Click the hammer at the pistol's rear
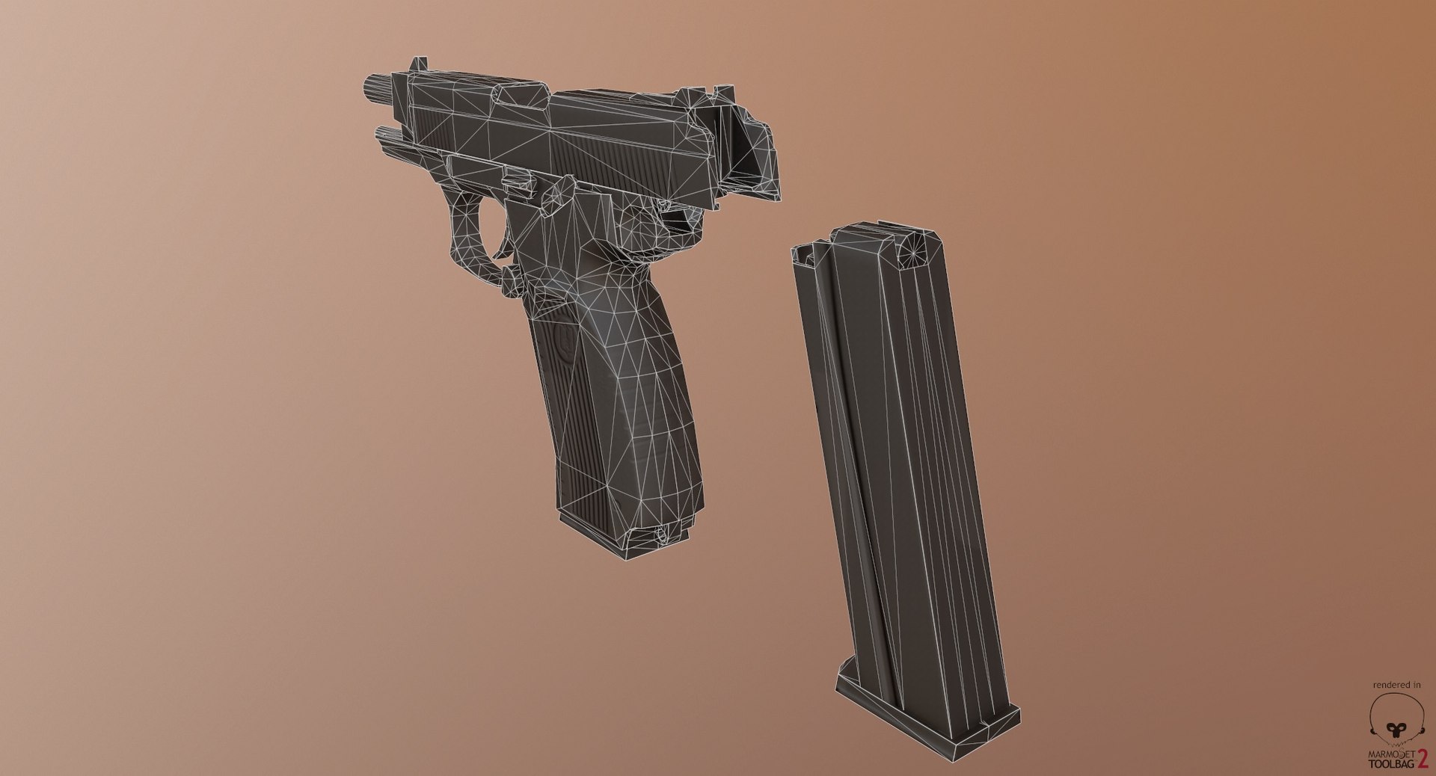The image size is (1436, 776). coord(755,150)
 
